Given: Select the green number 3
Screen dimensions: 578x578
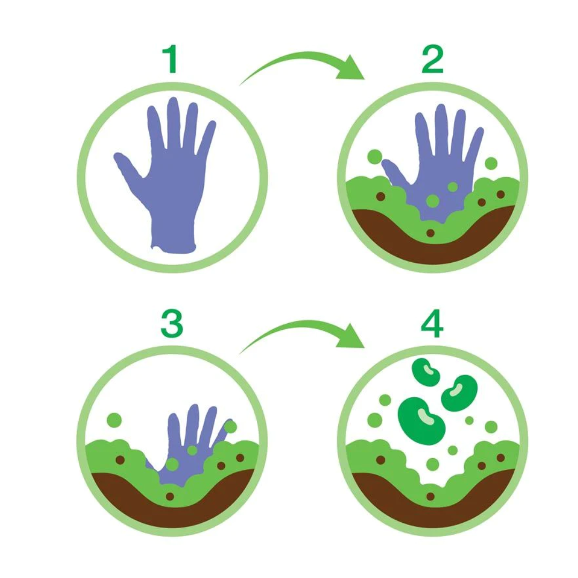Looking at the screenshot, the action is [172, 323].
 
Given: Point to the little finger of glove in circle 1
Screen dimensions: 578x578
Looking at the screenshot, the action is [207, 137].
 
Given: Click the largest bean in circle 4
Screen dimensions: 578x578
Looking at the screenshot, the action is [421, 420].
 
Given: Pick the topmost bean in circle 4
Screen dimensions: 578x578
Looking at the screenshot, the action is [426, 371].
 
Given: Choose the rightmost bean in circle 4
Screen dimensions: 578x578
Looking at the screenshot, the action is [459, 393].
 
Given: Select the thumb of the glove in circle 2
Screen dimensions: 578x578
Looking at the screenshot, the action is [394, 171].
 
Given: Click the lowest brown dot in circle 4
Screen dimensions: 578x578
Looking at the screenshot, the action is [430, 497].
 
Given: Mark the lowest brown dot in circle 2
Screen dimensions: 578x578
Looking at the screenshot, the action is [430, 233].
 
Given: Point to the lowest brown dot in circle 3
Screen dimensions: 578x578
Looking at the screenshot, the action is [170, 497].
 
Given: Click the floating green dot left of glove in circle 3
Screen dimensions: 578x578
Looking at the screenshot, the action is [115, 420].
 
